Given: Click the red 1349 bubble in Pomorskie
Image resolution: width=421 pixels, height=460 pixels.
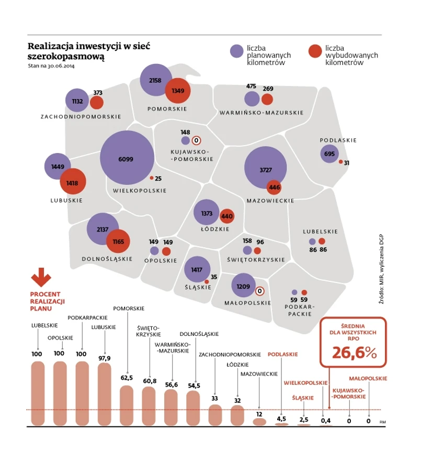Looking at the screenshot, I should (x=178, y=91).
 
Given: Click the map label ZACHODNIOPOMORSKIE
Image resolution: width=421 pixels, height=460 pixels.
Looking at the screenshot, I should (x=81, y=116).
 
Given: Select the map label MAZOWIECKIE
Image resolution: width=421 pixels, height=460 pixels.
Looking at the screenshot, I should (x=270, y=201).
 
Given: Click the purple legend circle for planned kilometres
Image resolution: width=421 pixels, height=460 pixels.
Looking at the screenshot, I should (x=237, y=51).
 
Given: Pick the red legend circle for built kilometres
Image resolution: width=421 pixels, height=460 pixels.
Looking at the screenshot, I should (x=314, y=51).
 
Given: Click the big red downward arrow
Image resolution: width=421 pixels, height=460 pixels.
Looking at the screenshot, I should (x=41, y=276).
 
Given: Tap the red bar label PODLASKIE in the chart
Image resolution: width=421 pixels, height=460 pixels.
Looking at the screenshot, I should (x=282, y=354).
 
